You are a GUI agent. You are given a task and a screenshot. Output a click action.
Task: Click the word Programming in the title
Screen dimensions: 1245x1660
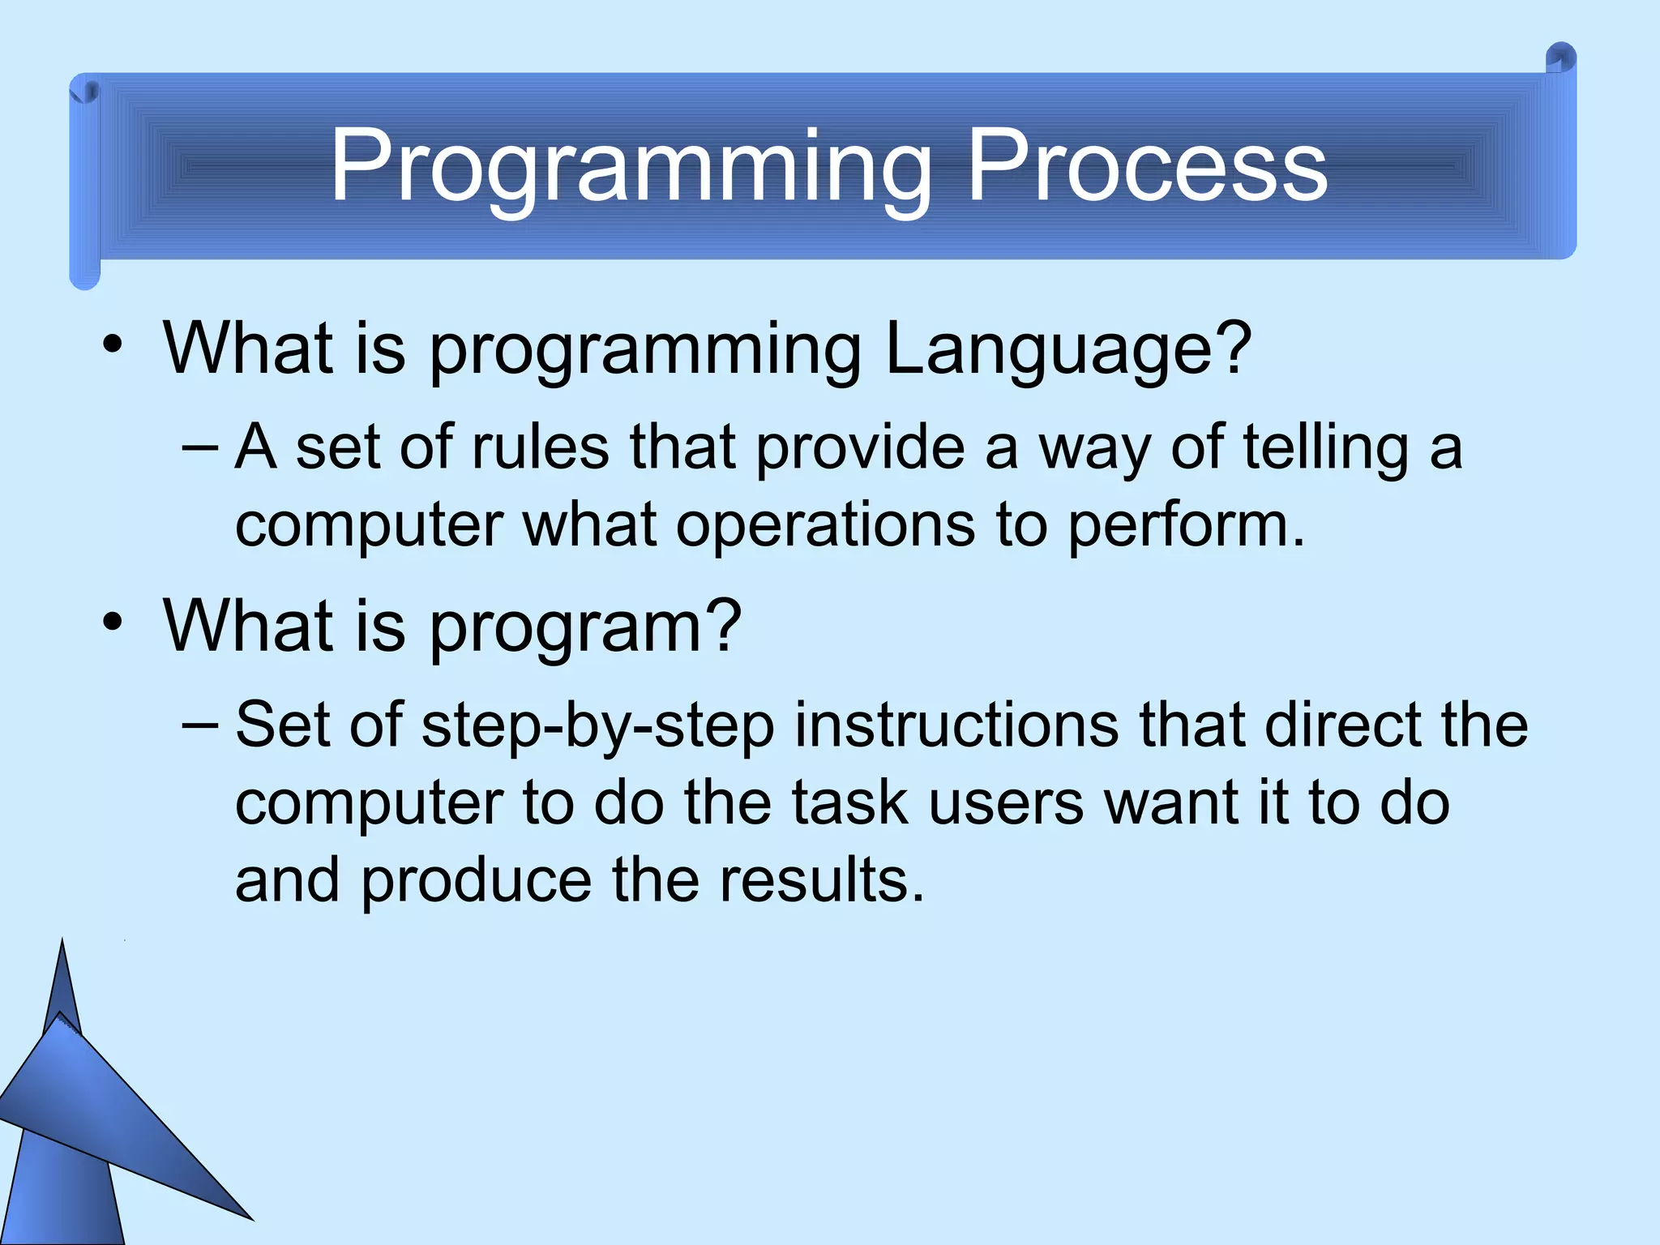click(631, 169)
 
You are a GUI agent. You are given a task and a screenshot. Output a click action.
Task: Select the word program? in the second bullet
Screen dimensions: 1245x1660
click(584, 627)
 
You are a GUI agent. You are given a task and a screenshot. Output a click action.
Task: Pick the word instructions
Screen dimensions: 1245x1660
click(956, 724)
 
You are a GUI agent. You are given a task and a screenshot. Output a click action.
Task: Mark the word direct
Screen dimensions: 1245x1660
click(1341, 724)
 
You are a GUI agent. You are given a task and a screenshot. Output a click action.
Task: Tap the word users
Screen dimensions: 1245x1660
click(1006, 802)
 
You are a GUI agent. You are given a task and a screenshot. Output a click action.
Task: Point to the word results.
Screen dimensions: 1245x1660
click(821, 880)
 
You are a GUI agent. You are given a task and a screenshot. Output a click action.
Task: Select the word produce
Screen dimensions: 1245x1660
click(476, 882)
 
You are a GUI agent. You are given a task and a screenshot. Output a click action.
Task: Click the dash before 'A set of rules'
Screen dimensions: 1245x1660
click(200, 447)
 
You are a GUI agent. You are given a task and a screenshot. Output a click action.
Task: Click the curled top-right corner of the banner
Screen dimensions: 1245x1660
click(1559, 59)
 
